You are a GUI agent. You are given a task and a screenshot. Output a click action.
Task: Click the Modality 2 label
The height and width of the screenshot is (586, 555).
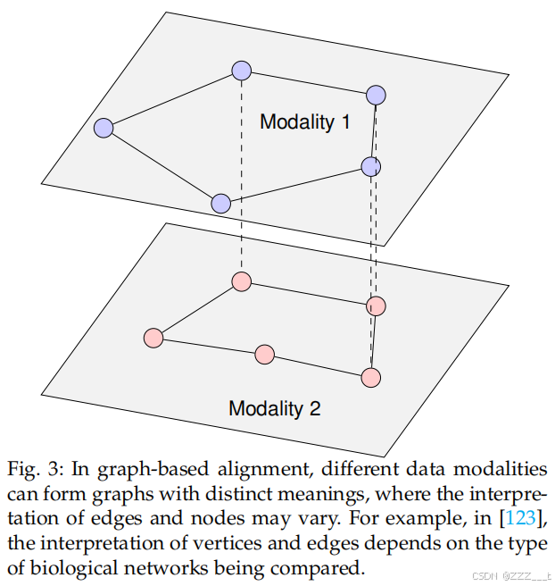(274, 409)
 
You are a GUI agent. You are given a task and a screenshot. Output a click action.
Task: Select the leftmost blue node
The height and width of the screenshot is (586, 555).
(104, 129)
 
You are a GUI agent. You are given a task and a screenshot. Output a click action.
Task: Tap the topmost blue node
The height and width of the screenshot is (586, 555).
(241, 71)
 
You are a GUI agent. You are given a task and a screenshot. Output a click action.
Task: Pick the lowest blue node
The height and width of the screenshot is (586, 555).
(221, 204)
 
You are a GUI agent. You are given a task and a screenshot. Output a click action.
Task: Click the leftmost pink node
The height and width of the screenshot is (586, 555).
(153, 338)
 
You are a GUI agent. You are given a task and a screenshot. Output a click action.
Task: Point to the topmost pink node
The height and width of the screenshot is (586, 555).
(240, 281)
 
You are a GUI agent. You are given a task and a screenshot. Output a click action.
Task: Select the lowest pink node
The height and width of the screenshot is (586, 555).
(370, 377)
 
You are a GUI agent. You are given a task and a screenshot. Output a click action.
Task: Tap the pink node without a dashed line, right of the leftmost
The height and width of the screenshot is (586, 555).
(264, 355)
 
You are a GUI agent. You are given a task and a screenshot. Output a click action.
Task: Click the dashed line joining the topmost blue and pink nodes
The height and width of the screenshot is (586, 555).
(241, 179)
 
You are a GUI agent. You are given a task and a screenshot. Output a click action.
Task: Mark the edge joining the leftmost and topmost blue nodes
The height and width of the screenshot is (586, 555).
(172, 100)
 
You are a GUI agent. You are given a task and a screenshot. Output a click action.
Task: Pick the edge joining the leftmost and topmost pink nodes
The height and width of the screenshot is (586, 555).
(196, 310)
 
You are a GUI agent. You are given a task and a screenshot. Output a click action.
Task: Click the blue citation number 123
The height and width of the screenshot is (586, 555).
(520, 518)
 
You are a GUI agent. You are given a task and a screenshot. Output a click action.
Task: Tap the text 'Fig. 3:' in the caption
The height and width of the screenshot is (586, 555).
(33, 470)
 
